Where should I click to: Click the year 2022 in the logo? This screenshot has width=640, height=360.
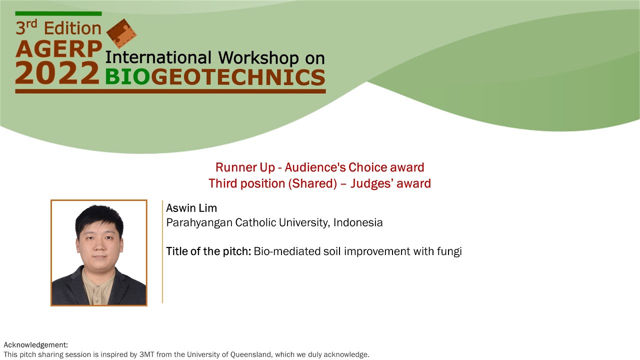(x=57, y=72)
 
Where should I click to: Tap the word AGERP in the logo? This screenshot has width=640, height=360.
(x=58, y=48)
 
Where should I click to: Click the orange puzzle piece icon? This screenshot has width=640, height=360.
(x=121, y=33)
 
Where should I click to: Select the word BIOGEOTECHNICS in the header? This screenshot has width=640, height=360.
(x=215, y=77)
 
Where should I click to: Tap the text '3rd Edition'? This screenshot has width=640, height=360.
(x=58, y=28)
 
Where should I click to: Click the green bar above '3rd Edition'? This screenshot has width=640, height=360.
(x=58, y=13)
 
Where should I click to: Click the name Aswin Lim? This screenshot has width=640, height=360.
(x=191, y=208)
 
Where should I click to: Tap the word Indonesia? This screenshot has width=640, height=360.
(x=358, y=222)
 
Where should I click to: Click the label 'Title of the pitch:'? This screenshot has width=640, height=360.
(x=208, y=251)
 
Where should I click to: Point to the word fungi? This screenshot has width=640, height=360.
(x=449, y=251)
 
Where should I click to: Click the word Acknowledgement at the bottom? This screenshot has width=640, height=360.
(x=35, y=345)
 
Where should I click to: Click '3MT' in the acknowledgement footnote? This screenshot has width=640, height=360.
(x=145, y=355)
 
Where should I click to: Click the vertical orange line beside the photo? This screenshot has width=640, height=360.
(x=162, y=251)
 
